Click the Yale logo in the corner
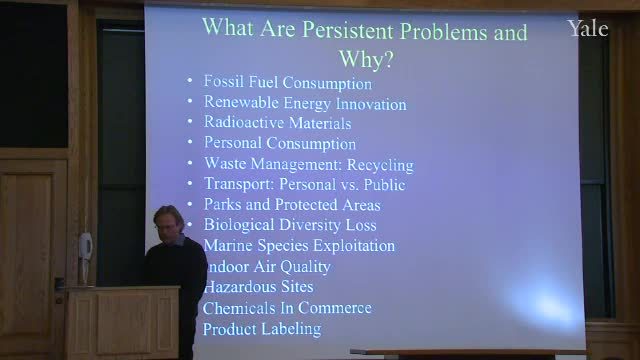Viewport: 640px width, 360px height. (588, 29)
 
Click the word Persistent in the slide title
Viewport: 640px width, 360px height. (349, 30)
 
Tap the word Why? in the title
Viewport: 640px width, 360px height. (366, 59)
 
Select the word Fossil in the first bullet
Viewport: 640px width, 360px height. (224, 81)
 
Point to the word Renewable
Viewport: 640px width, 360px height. (241, 102)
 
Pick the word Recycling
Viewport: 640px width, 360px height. (380, 165)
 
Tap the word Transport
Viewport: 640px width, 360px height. (239, 184)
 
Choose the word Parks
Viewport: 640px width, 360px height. (222, 204)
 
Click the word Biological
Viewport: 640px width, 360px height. (239, 225)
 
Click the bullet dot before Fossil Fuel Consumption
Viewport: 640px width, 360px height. (190, 80)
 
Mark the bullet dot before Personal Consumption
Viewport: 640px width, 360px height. (190, 142)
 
